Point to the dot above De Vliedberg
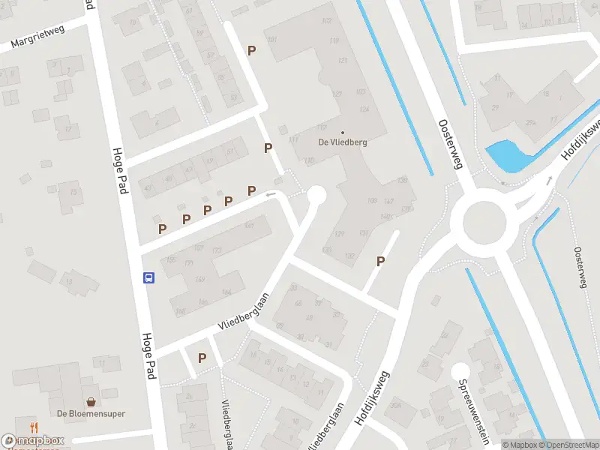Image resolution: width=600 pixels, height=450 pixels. [x=343, y=133]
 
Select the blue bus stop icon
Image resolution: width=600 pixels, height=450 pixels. [x=148, y=277]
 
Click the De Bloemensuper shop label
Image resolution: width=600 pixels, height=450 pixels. [x=91, y=413]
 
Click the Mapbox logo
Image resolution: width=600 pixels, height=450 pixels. [x=34, y=441]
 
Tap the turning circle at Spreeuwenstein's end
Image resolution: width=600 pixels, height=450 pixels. [x=460, y=370]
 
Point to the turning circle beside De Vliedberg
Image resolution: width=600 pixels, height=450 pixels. [x=316, y=195]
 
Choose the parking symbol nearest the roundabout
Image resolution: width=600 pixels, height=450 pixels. [x=381, y=261]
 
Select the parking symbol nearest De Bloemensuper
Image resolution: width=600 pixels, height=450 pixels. [x=202, y=358]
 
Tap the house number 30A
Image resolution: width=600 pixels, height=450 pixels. [x=397, y=406]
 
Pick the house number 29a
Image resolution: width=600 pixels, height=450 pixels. [x=531, y=123]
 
